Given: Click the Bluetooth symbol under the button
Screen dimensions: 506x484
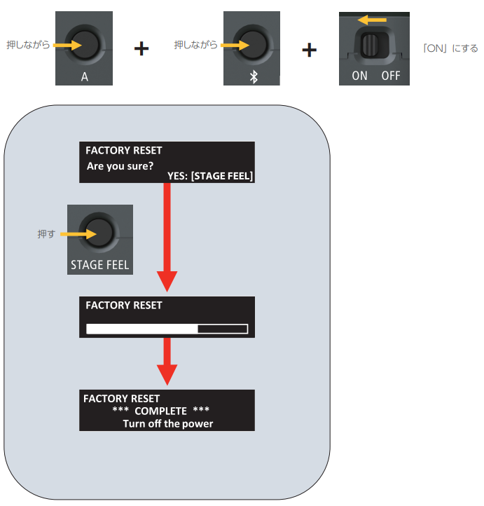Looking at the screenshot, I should pyautogui.click(x=254, y=76).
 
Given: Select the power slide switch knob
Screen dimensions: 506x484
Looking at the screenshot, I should pyautogui.click(x=371, y=48).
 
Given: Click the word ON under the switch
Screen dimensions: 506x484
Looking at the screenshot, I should pyautogui.click(x=359, y=76).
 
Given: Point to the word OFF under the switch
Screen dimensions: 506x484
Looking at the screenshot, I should pyautogui.click(x=391, y=76).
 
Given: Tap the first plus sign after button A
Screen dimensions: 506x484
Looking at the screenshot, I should pyautogui.click(x=141, y=49).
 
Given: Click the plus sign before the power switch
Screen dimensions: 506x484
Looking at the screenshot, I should pyautogui.click(x=309, y=49).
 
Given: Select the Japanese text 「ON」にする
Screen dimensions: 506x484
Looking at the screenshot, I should pyautogui.click(x=450, y=49).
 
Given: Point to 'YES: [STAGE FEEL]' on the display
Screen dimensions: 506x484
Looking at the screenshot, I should pyautogui.click(x=210, y=176).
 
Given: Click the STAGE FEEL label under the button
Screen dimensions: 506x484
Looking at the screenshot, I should pyautogui.click(x=100, y=266).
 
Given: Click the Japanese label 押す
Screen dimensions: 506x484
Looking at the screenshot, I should pyautogui.click(x=46, y=234).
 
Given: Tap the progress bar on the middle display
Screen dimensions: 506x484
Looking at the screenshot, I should pyautogui.click(x=167, y=328).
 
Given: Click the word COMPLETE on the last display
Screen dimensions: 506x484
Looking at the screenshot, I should pyautogui.click(x=160, y=411).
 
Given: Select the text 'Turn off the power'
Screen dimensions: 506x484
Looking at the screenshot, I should pyautogui.click(x=167, y=423).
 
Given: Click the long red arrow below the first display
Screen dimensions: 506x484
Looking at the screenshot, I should pyautogui.click(x=167, y=238).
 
